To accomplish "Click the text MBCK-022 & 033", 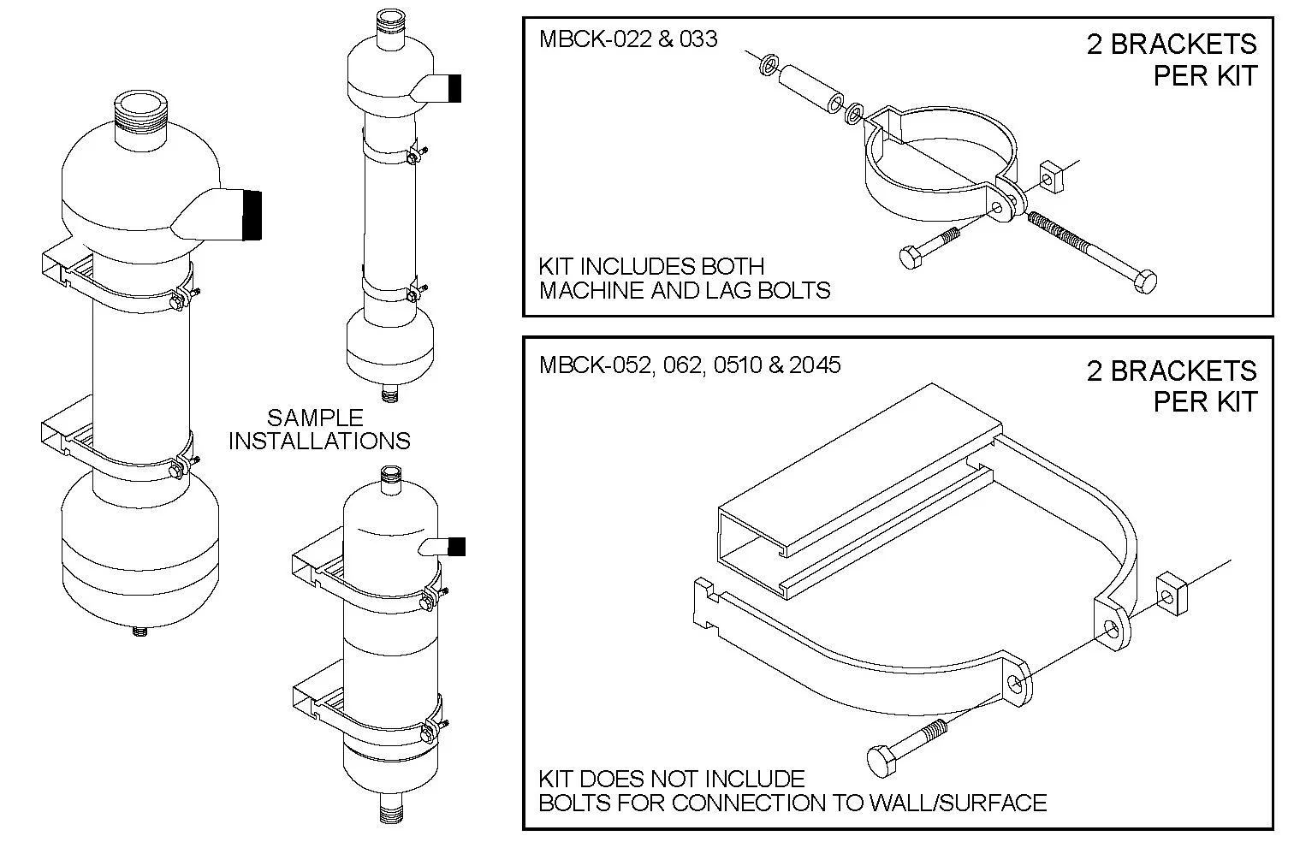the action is pyautogui.click(x=628, y=39).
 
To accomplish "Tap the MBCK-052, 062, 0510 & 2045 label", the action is pyautogui.click(x=690, y=365).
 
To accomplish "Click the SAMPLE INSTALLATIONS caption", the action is pyautogui.click(x=319, y=429).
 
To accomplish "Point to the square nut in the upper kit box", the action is pyautogui.click(x=1051, y=177).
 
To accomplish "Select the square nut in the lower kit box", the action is pyautogui.click(x=1172, y=593).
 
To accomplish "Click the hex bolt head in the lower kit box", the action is pyautogui.click(x=881, y=761).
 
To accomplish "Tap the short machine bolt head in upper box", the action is pyautogui.click(x=912, y=257).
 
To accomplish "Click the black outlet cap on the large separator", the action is pyautogui.click(x=252, y=215).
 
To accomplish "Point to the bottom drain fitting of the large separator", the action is pyautogui.click(x=139, y=631).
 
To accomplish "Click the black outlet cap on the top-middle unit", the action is pyautogui.click(x=454, y=88).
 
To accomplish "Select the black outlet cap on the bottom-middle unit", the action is pyautogui.click(x=457, y=546).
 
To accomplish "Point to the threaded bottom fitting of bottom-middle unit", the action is pyautogui.click(x=392, y=809).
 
